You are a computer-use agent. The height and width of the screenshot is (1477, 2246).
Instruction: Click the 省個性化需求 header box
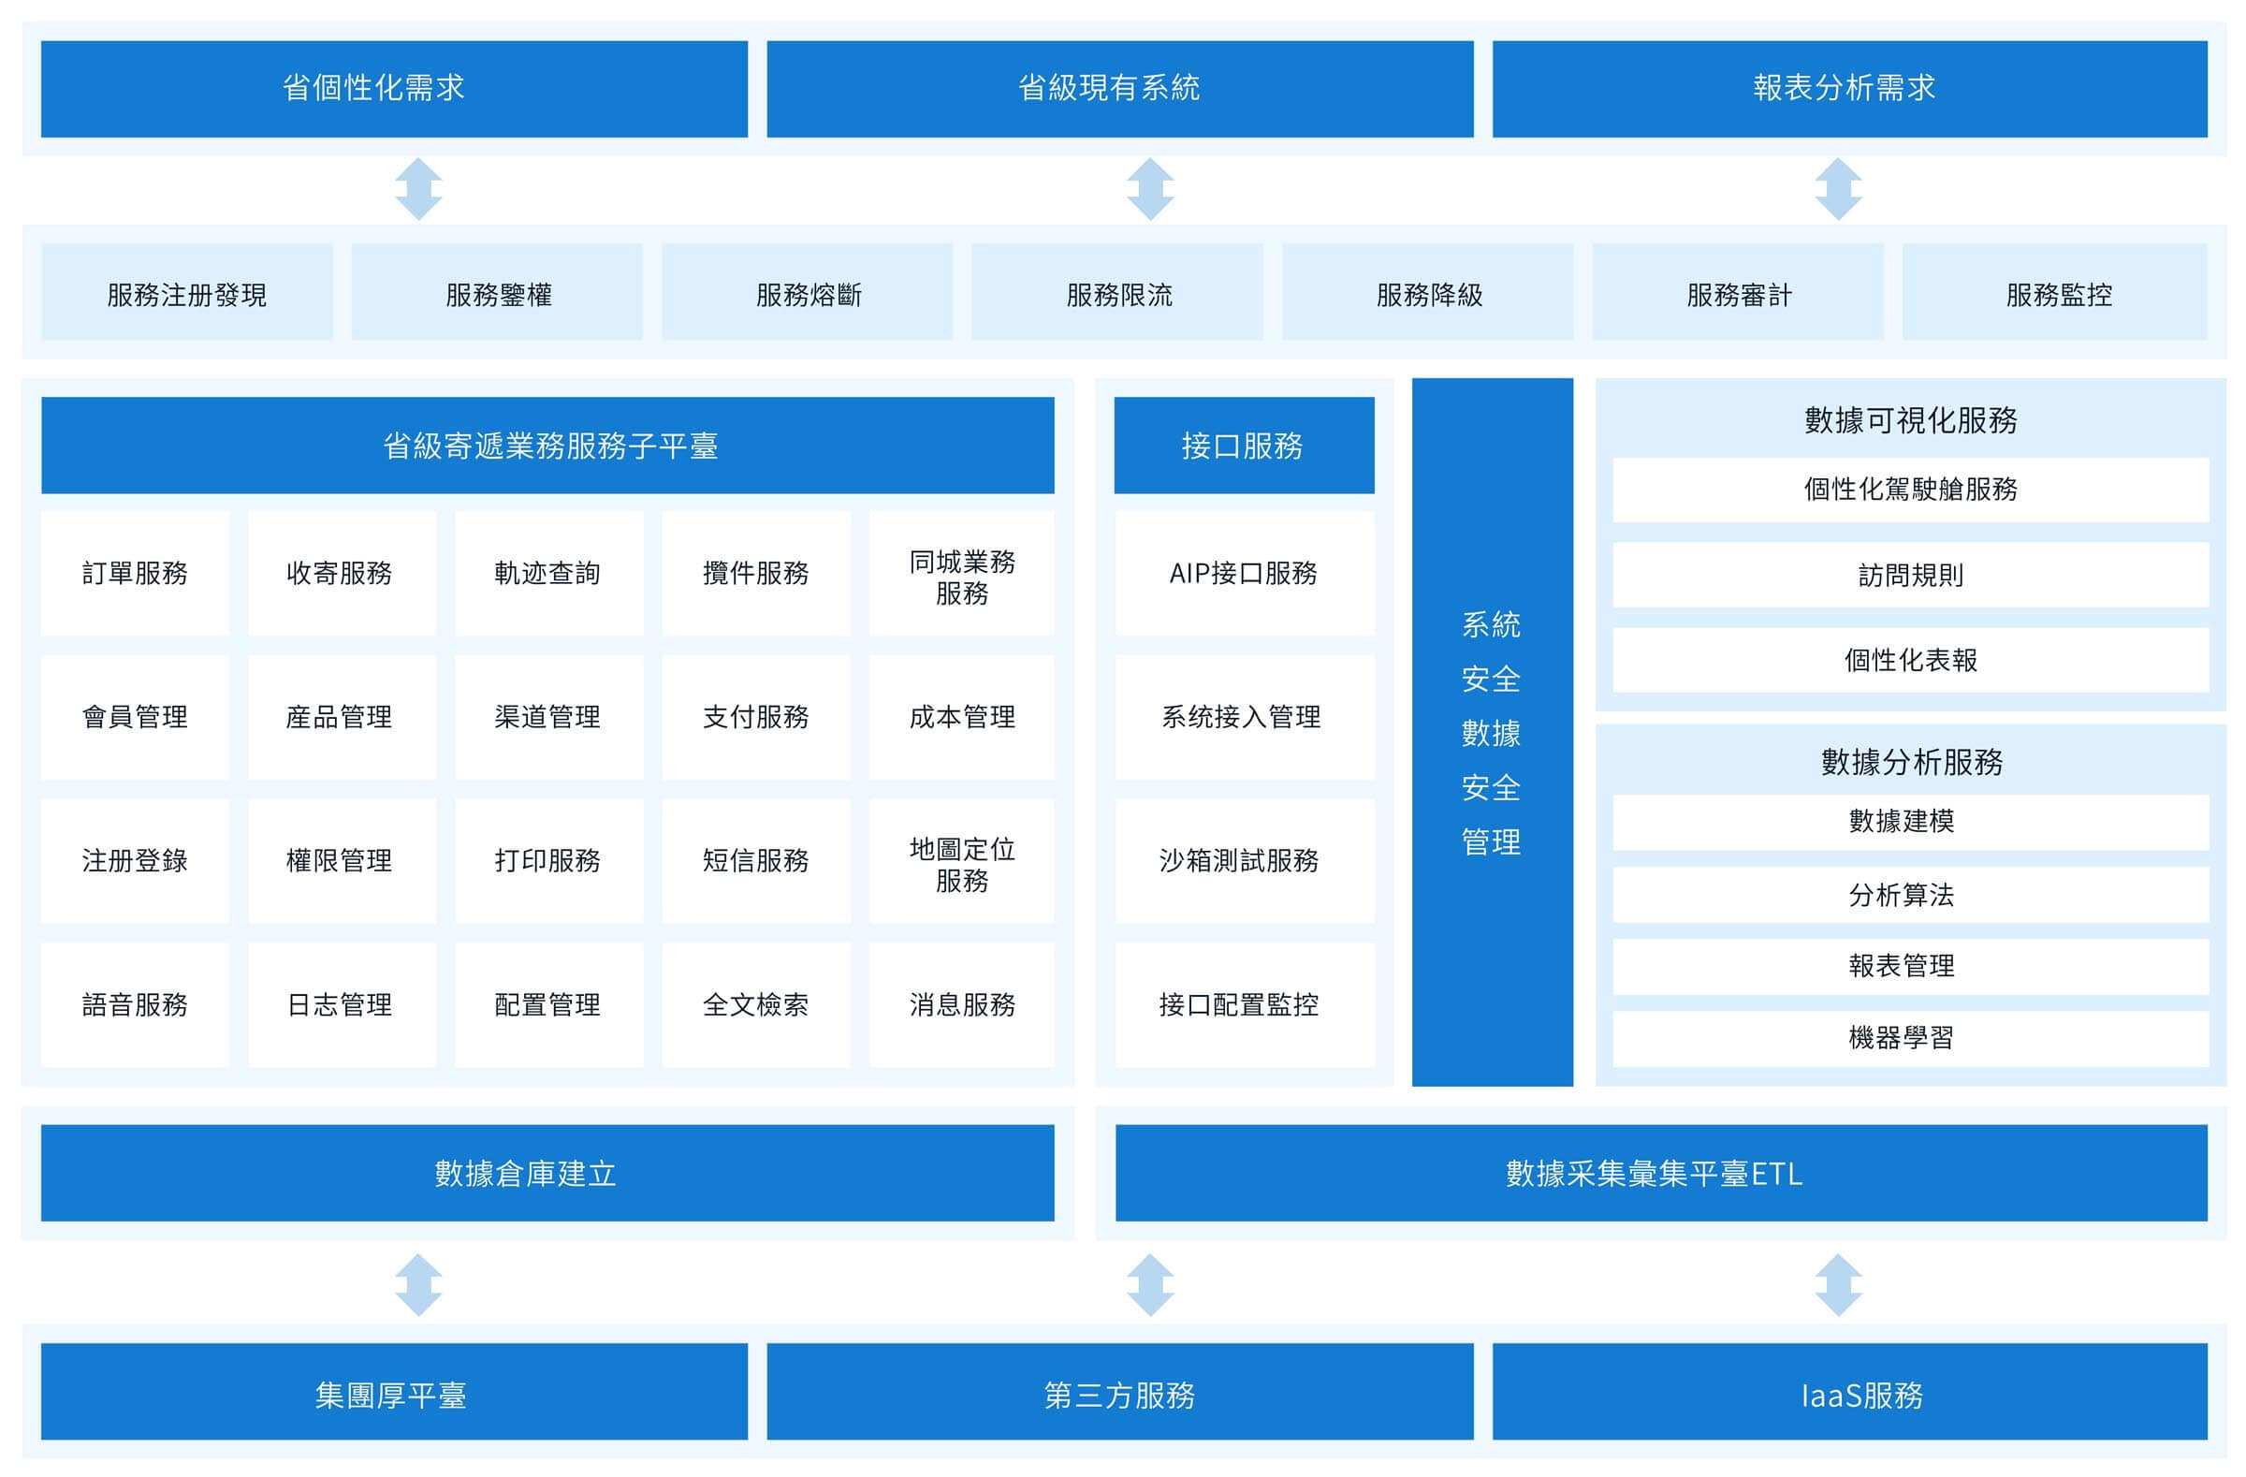pos(395,89)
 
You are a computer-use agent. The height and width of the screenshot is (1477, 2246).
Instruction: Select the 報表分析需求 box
pos(1849,89)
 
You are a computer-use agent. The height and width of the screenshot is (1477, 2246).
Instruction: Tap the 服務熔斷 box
pos(808,292)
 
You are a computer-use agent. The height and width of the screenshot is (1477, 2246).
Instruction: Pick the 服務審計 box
pos(1738,292)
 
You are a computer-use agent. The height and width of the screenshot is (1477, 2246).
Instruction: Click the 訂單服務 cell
pos(135,574)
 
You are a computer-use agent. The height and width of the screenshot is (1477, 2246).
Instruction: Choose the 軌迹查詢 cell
pos(549,574)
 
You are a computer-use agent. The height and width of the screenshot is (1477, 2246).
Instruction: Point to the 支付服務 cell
pos(756,717)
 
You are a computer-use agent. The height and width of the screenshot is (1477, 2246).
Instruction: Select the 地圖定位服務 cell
pos(962,861)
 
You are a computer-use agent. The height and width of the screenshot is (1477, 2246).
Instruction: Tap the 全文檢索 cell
pos(756,1005)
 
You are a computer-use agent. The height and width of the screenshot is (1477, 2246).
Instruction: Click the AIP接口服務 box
pos(1245,574)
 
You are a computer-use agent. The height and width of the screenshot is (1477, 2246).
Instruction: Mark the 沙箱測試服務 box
pos(1245,861)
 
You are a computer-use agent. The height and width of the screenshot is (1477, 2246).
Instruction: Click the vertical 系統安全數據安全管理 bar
pos(1492,732)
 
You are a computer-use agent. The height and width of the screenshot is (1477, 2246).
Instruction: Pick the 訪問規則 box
pos(1911,575)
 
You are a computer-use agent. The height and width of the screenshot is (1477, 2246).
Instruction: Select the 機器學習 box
pos(1911,1039)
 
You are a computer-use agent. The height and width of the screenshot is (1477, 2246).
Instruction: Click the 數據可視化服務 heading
pos(1911,420)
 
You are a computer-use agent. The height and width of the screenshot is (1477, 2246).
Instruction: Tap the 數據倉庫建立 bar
pos(547,1173)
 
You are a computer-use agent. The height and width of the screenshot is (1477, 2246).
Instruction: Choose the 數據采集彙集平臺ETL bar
pos(1661,1173)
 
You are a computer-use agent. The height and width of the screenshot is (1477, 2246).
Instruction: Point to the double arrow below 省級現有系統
pos(1150,190)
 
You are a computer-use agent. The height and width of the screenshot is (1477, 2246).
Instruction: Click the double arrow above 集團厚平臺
pos(419,1284)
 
